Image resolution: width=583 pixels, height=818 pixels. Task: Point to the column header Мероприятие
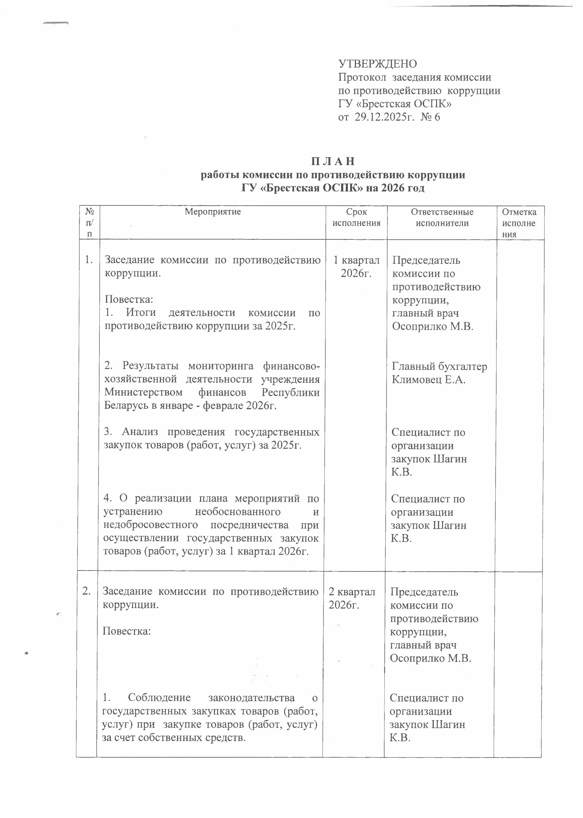(x=213, y=212)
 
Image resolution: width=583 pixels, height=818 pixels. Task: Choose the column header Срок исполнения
(x=356, y=217)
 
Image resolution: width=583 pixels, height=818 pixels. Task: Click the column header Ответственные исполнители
(x=442, y=217)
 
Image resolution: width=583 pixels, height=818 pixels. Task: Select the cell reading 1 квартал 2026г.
(x=356, y=267)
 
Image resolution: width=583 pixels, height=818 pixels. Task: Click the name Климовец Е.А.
(x=429, y=380)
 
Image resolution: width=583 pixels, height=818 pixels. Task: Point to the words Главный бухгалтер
(x=439, y=366)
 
